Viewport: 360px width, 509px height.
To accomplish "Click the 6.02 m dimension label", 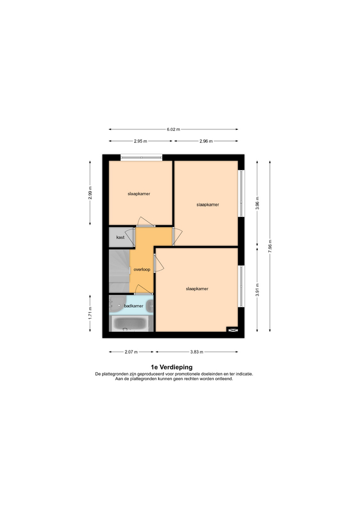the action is point(173,129).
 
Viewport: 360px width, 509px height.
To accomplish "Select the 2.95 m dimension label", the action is point(140,141).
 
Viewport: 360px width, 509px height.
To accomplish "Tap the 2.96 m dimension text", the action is point(206,141).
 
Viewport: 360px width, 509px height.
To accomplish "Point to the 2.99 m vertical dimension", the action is point(90,193).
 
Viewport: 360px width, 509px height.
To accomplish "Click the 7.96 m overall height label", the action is point(270,247).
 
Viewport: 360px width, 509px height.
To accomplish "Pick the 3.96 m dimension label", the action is point(258,203).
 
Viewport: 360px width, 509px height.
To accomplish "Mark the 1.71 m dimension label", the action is point(90,313).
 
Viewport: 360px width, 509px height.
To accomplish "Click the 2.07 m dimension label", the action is point(131,352).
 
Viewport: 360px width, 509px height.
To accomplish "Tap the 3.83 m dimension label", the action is point(197,352).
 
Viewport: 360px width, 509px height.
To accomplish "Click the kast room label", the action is point(120,238).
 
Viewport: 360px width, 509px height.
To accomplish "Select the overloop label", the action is point(142,269).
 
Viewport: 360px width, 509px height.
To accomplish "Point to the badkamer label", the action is point(134,306).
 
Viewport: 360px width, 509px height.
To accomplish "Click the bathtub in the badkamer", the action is point(130,323).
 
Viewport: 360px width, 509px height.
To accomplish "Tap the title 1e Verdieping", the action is point(172,367).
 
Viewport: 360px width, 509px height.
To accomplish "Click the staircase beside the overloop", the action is point(119,271).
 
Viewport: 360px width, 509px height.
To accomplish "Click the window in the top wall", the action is point(142,158).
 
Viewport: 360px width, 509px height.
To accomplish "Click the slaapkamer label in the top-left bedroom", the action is point(139,194).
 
